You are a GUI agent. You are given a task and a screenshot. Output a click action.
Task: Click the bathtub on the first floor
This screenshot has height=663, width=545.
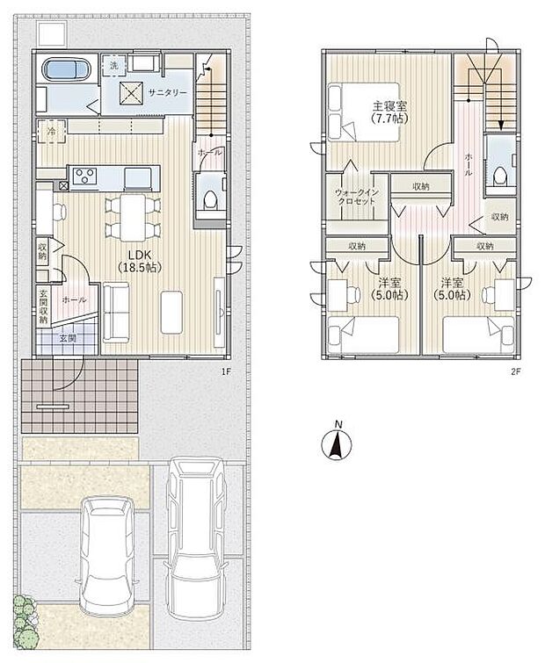click(66, 68)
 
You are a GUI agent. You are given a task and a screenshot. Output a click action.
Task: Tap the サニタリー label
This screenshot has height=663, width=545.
click(168, 92)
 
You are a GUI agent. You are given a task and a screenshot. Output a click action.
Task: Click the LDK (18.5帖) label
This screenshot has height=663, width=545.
click(140, 261)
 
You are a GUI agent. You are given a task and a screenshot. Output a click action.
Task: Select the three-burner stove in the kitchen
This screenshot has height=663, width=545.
click(85, 176)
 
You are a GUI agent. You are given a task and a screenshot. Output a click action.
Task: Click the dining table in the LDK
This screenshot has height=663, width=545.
click(133, 217)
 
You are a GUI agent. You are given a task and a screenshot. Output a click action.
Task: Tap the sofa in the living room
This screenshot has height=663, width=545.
click(116, 313)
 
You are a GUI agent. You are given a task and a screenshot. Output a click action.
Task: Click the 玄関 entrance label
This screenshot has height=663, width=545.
click(68, 338)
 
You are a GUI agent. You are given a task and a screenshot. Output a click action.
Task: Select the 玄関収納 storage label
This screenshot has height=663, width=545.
click(44, 306)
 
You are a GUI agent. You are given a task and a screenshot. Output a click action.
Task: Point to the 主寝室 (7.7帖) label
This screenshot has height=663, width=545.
click(389, 112)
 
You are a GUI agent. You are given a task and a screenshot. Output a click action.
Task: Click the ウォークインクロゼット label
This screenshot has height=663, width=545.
click(356, 197)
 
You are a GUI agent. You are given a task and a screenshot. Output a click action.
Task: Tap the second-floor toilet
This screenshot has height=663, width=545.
click(500, 176)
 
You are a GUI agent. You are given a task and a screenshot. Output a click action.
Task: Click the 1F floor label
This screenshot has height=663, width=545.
click(226, 371)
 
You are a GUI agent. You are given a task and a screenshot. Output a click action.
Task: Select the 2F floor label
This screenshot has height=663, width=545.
click(515, 371)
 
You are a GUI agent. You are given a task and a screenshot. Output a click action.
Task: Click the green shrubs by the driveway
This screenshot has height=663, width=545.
click(25, 621)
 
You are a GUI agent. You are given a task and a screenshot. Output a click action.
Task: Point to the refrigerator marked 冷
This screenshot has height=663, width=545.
click(51, 132)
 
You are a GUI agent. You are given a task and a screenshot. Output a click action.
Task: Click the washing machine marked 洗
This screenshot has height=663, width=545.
click(113, 66)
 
